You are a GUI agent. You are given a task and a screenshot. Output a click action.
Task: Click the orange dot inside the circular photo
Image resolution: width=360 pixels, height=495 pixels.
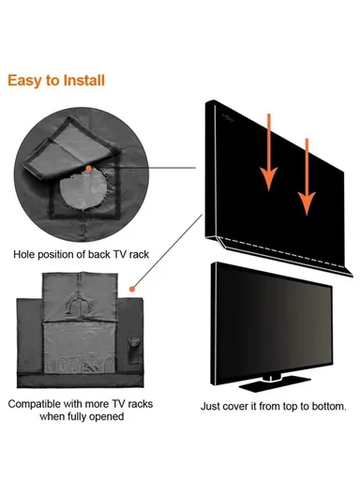[86, 169]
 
